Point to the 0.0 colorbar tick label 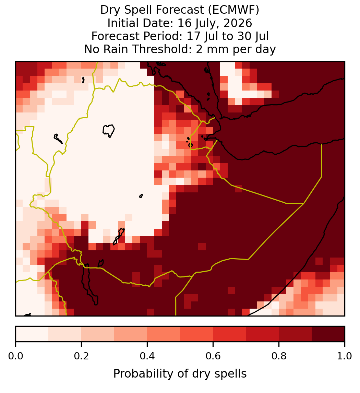tap(16, 356)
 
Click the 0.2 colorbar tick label tap(81, 356)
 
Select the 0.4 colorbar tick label tap(147, 356)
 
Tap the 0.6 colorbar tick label tap(213, 356)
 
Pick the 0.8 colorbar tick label tap(279, 356)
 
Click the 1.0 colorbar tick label tap(345, 356)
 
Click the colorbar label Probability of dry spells tap(180, 374)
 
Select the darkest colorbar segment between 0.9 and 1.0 tap(328, 334)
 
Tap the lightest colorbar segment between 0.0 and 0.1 tap(32, 334)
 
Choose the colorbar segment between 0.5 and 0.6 tap(197, 334)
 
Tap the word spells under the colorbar tap(231, 374)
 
